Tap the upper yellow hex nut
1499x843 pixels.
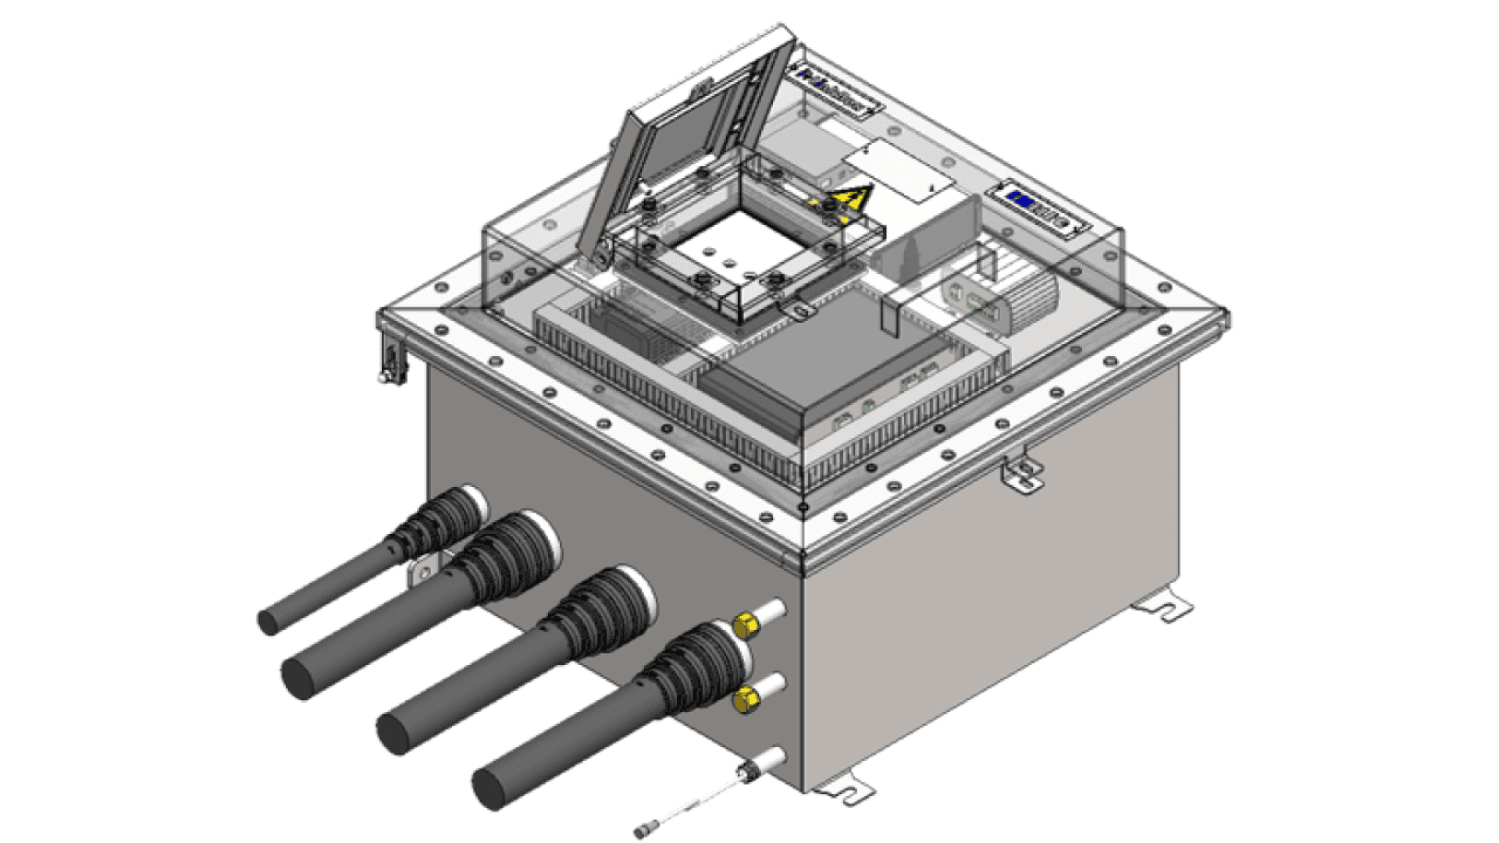pyautogui.click(x=746, y=625)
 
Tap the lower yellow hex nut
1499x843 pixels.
pyautogui.click(x=746, y=699)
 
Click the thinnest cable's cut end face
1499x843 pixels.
pyautogui.click(x=268, y=622)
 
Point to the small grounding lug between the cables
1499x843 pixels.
pyautogui.click(x=423, y=573)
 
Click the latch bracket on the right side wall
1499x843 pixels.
pyautogui.click(x=1024, y=473)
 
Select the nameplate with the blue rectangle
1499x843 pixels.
pyautogui.click(x=1038, y=207)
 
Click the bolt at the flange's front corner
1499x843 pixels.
pyautogui.click(x=803, y=508)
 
